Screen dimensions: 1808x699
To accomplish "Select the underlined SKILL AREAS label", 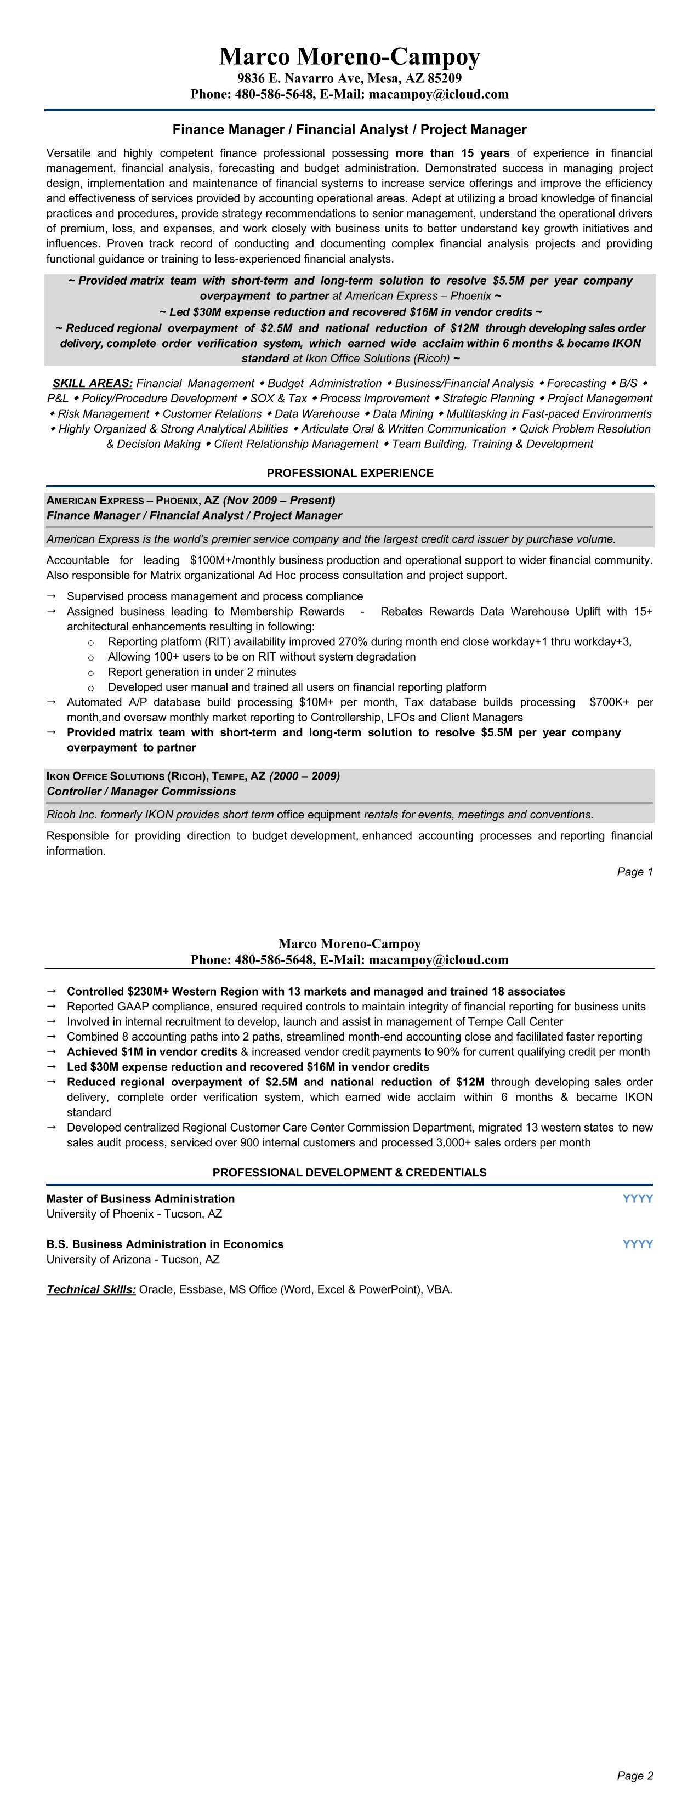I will point(93,383).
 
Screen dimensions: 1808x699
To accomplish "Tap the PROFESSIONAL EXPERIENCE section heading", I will point(350,473).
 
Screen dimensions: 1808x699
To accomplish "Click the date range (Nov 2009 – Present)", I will point(279,501).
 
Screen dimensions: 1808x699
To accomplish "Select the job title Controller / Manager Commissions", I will point(141,791).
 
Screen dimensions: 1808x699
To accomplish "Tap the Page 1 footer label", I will point(634,872).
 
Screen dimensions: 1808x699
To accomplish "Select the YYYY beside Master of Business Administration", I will point(637,1199).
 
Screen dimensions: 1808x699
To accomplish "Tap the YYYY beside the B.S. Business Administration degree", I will point(637,1244).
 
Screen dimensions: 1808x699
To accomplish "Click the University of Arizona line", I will point(133,1259).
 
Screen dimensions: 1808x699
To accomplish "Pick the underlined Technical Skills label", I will point(91,1289).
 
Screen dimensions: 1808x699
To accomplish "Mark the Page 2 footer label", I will point(634,1776).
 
